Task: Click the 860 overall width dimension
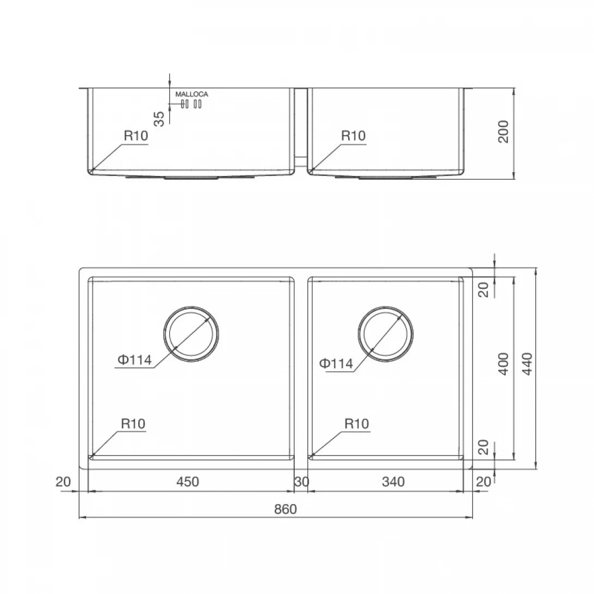(x=285, y=509)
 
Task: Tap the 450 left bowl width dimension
(x=187, y=482)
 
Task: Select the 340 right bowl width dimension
(x=393, y=482)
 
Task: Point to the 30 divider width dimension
(x=301, y=482)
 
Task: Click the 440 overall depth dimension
(x=527, y=364)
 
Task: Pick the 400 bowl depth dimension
(x=503, y=364)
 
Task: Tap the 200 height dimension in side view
(x=503, y=131)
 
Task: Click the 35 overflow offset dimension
(x=159, y=119)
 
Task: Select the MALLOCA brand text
(x=192, y=94)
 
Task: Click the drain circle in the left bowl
(x=191, y=307)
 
